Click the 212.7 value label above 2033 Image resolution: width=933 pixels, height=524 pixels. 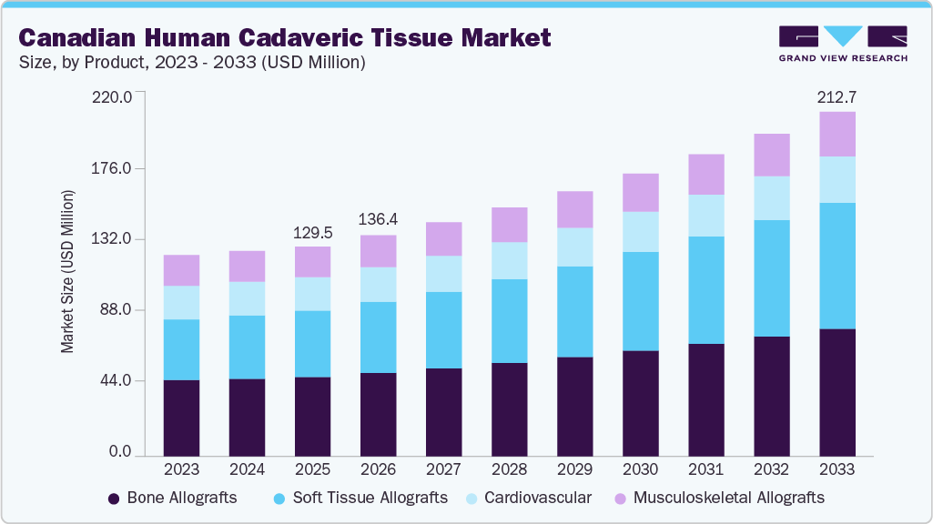pyautogui.click(x=837, y=97)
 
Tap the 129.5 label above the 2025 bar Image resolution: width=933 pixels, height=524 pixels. pyautogui.click(x=312, y=233)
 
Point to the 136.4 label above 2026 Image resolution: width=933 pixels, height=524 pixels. pyautogui.click(x=378, y=220)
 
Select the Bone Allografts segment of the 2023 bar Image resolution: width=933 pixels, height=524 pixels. pyautogui.click(x=181, y=417)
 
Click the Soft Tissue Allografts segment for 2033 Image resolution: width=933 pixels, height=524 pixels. pyautogui.click(x=837, y=266)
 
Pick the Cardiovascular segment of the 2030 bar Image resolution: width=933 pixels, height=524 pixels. pyautogui.click(x=640, y=232)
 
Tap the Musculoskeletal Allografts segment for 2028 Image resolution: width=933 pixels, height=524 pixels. pyautogui.click(x=509, y=225)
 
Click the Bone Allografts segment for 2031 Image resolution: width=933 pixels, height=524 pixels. pyautogui.click(x=705, y=399)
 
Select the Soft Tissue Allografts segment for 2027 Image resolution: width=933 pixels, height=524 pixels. pyautogui.click(x=443, y=330)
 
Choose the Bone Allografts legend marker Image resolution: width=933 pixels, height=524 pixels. pyautogui.click(x=114, y=499)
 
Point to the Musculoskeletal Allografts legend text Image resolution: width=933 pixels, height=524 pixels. pyautogui.click(x=728, y=498)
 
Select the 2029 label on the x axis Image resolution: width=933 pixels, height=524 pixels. pyautogui.click(x=574, y=469)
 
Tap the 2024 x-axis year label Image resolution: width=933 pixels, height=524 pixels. pyautogui.click(x=247, y=469)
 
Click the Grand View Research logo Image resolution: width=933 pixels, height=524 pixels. pyautogui.click(x=843, y=44)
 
